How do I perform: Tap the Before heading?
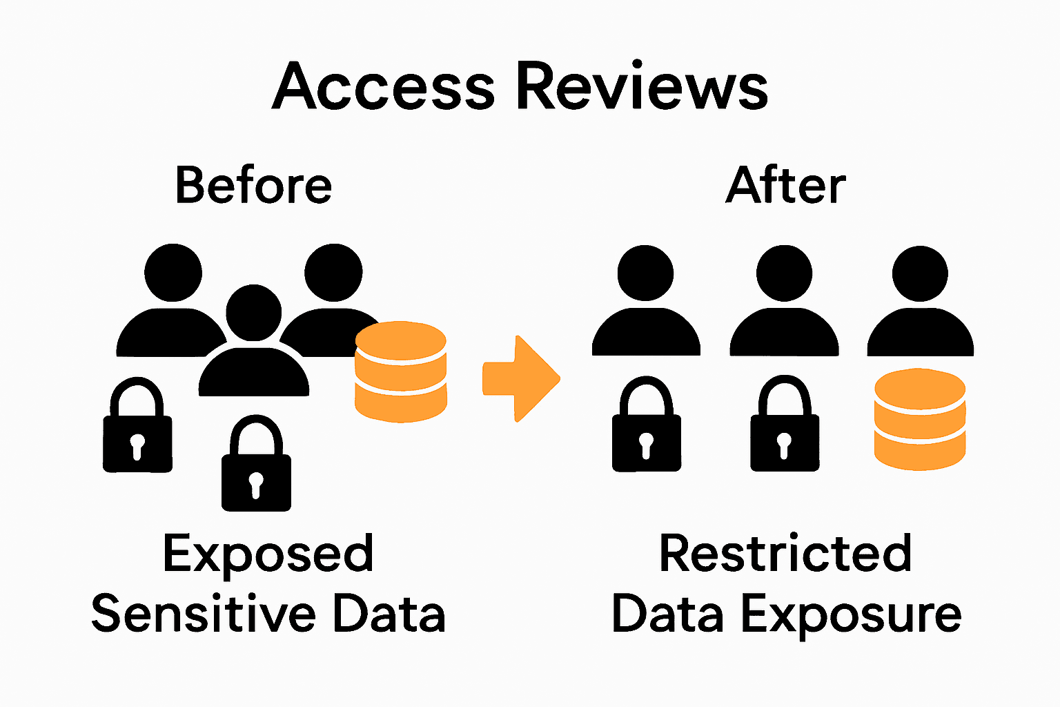(x=253, y=185)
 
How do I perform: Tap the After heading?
(x=785, y=185)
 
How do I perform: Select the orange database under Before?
(x=400, y=371)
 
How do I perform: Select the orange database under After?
(x=919, y=419)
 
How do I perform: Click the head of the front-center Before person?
(x=253, y=312)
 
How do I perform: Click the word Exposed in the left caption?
(x=268, y=554)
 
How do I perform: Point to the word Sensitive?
(x=204, y=614)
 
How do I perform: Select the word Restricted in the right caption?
(x=785, y=553)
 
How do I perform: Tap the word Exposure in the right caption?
(x=851, y=614)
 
